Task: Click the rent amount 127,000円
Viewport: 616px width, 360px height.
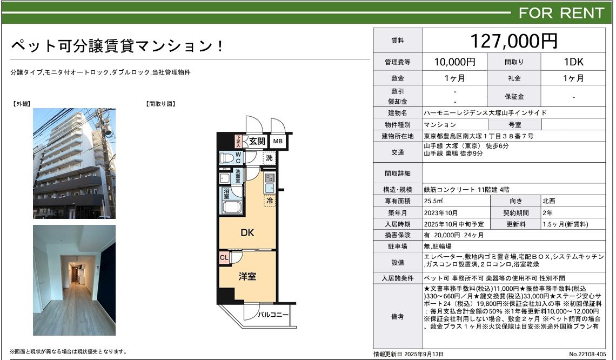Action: (514, 41)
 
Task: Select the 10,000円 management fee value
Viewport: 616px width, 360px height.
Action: (454, 62)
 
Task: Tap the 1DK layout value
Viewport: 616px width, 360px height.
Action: (573, 62)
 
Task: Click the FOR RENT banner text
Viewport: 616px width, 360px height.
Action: (561, 13)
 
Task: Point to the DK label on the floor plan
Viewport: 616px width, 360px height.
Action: (247, 232)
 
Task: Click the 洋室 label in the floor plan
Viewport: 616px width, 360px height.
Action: (247, 277)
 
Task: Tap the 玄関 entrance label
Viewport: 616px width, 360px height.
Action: (257, 142)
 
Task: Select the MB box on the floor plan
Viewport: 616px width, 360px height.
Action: (278, 142)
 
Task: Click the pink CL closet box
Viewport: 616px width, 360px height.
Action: (224, 258)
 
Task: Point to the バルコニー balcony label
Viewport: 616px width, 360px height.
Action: (273, 315)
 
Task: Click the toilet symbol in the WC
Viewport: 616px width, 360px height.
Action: (226, 158)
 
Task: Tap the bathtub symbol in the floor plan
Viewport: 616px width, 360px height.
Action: (231, 207)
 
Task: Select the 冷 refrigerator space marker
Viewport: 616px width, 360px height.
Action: (270, 201)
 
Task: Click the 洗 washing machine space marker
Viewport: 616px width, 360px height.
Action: (269, 158)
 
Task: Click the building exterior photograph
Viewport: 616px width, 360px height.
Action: (74, 163)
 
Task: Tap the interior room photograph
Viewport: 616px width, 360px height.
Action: (74, 280)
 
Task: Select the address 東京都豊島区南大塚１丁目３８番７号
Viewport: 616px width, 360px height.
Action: (479, 136)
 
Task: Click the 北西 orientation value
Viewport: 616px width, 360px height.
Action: (549, 201)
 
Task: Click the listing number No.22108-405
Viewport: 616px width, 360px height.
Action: (587, 354)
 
